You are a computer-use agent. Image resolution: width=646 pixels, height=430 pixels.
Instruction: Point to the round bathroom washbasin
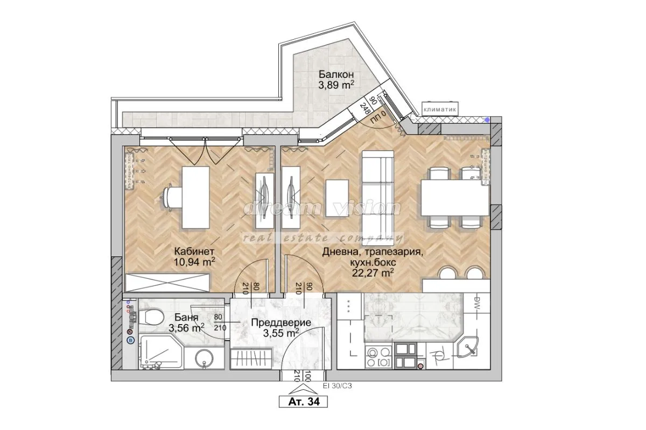pyautogui.click(x=203, y=358)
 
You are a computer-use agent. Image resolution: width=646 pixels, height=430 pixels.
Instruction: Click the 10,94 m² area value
pyautogui.click(x=194, y=262)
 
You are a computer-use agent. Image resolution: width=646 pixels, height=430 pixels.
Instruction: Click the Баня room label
pyautogui.click(x=186, y=318)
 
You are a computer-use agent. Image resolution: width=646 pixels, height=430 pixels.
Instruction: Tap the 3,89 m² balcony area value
pyautogui.click(x=336, y=84)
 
